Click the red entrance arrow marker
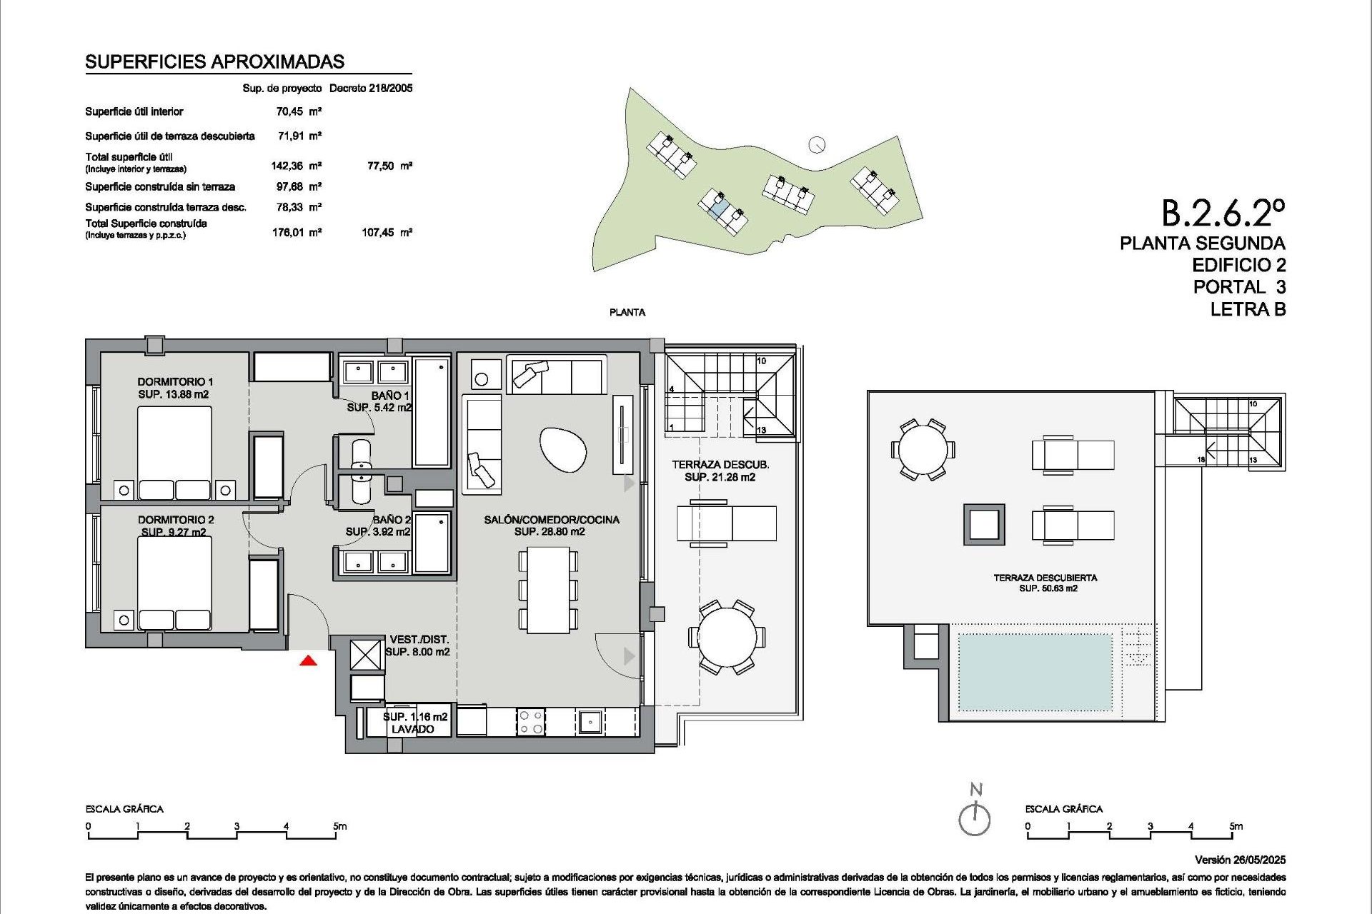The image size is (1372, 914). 308,661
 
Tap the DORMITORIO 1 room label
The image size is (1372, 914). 175,382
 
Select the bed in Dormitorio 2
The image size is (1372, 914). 174,582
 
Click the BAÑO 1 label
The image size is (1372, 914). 390,396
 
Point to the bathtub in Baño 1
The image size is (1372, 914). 432,413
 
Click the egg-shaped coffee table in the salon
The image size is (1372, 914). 563,449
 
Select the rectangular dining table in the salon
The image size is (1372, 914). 548,590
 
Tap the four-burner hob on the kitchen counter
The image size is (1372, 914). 530,721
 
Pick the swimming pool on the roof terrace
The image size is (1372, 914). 1035,673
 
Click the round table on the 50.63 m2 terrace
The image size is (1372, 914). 923,451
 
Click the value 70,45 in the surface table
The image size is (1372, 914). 289,111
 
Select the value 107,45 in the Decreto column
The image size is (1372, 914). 379,233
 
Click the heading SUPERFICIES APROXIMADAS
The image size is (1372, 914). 214,62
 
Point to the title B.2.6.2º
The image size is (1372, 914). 1223,212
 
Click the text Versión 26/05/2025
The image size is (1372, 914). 1240,860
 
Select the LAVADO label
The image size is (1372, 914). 412,729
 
